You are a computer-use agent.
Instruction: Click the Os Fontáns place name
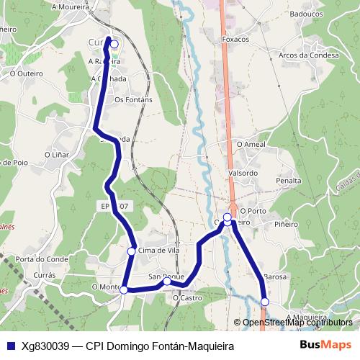point(134,99)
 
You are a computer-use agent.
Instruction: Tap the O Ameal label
point(251,145)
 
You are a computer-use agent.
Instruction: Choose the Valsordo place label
point(242,173)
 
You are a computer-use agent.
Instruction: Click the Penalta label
point(288,181)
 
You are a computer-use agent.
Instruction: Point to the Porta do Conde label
point(42,259)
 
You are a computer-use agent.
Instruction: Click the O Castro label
point(187,297)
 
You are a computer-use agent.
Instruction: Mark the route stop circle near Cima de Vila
point(132,251)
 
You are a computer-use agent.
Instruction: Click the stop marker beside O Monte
point(124,289)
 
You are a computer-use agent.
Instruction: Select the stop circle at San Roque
point(167,282)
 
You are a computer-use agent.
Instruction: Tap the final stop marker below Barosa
point(265,302)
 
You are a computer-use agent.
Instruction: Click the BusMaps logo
point(326,345)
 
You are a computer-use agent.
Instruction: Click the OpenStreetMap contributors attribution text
point(297,322)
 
